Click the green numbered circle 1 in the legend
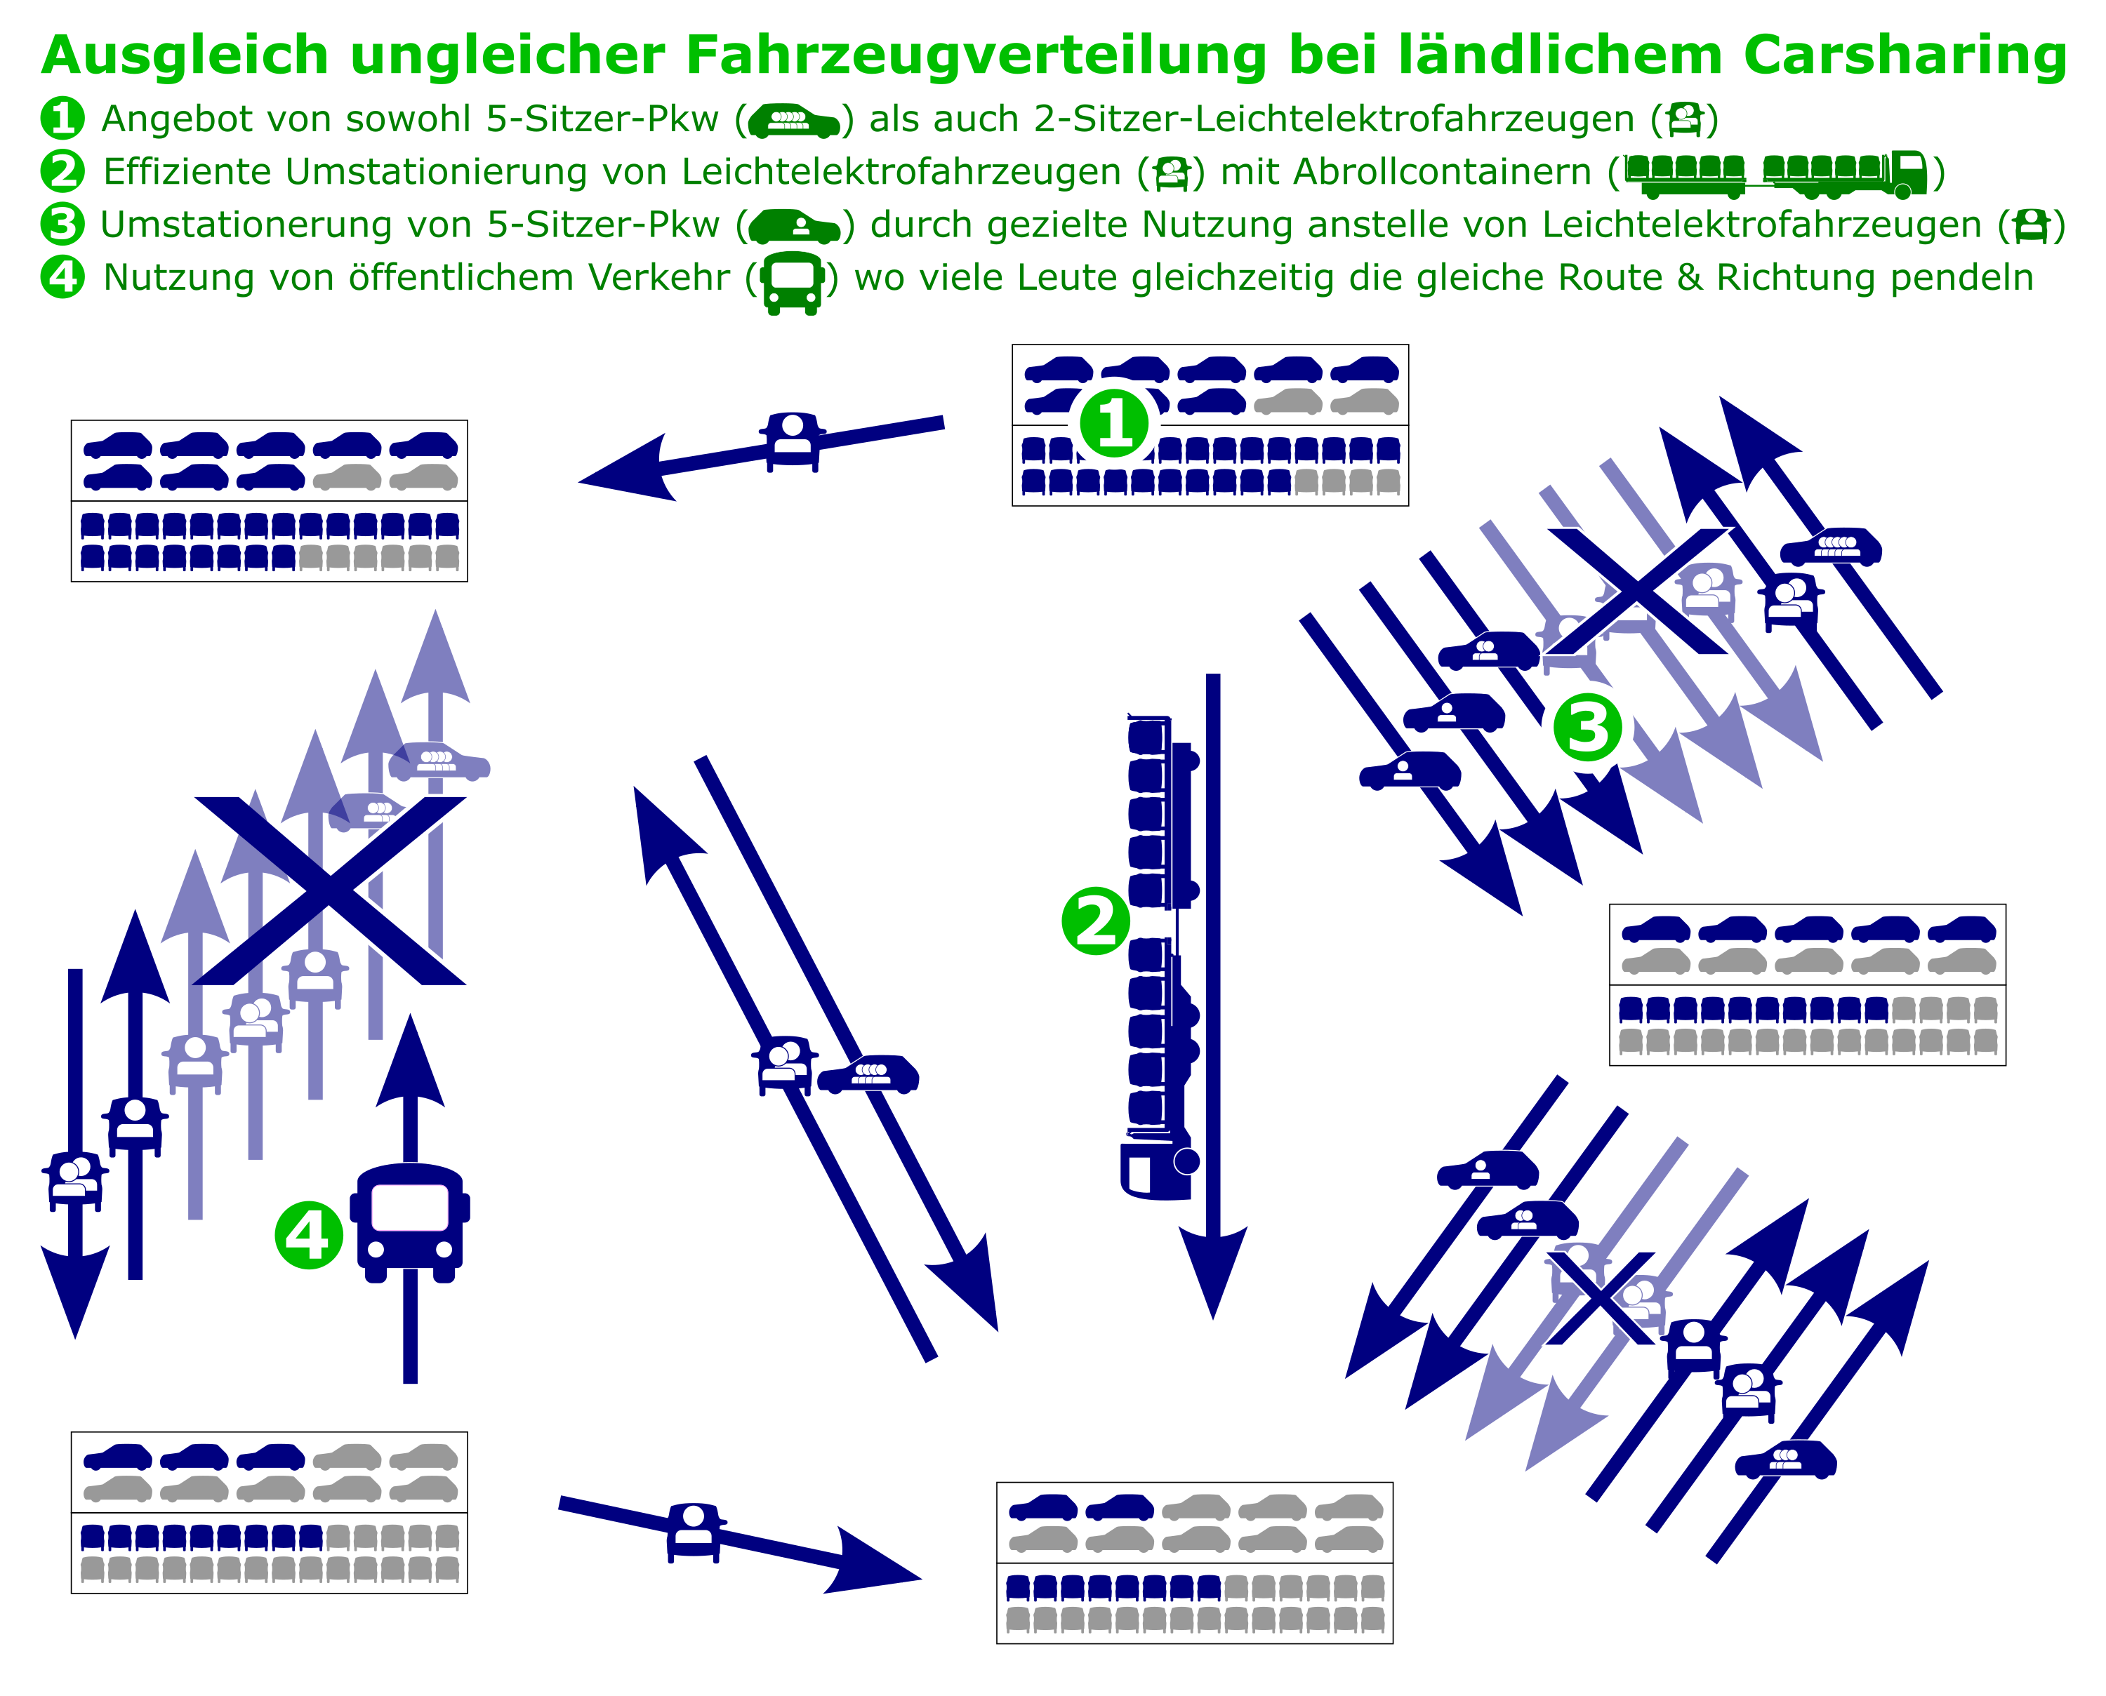tap(62, 118)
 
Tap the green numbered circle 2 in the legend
tap(62, 171)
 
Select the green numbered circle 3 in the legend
tap(62, 224)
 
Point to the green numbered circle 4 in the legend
tap(62, 276)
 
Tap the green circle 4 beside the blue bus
tap(309, 1235)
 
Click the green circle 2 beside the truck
tap(1096, 921)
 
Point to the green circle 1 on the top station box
tap(1114, 424)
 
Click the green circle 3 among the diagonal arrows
tap(1587, 728)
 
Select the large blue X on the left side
tap(331, 890)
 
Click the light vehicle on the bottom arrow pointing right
tap(694, 1532)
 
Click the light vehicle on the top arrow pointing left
tap(793, 441)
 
